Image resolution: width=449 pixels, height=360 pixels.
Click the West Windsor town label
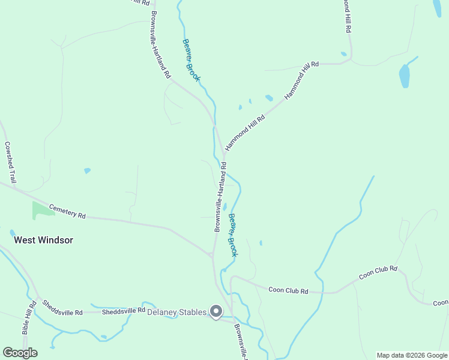click(x=43, y=240)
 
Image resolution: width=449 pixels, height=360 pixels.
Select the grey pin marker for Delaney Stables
click(x=216, y=311)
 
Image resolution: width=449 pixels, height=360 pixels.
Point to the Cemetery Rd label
click(x=67, y=211)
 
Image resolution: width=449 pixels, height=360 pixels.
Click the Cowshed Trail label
click(x=9, y=162)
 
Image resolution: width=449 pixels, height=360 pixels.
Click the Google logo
click(x=20, y=353)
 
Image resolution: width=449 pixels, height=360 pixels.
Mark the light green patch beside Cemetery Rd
click(x=42, y=209)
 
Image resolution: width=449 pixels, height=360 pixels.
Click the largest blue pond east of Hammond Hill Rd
click(x=405, y=76)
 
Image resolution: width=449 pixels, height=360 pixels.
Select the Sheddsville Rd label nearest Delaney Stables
click(x=124, y=311)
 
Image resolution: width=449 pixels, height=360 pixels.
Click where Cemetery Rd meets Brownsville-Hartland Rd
click(x=211, y=256)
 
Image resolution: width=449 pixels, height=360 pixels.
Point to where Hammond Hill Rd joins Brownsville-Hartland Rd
click(x=223, y=155)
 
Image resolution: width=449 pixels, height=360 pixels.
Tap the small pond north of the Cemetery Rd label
click(x=87, y=170)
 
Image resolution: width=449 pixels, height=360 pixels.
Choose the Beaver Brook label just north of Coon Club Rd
click(x=232, y=235)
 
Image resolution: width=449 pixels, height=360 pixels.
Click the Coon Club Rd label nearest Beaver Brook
click(x=288, y=291)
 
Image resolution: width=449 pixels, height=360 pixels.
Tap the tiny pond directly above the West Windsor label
click(x=13, y=232)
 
